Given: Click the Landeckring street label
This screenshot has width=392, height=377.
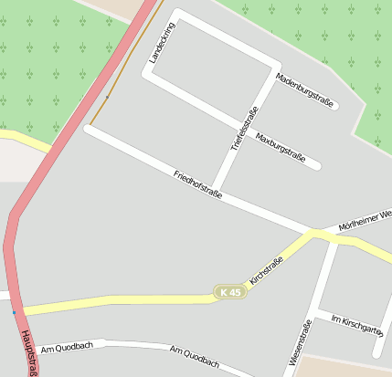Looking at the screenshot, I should tap(161, 43).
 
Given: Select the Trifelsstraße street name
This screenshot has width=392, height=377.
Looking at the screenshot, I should tap(244, 128).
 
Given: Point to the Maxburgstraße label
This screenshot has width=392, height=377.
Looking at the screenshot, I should tap(280, 146).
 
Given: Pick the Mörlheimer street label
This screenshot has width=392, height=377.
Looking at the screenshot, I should tap(365, 219).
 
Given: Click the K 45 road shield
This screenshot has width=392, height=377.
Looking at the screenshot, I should tap(230, 292).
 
